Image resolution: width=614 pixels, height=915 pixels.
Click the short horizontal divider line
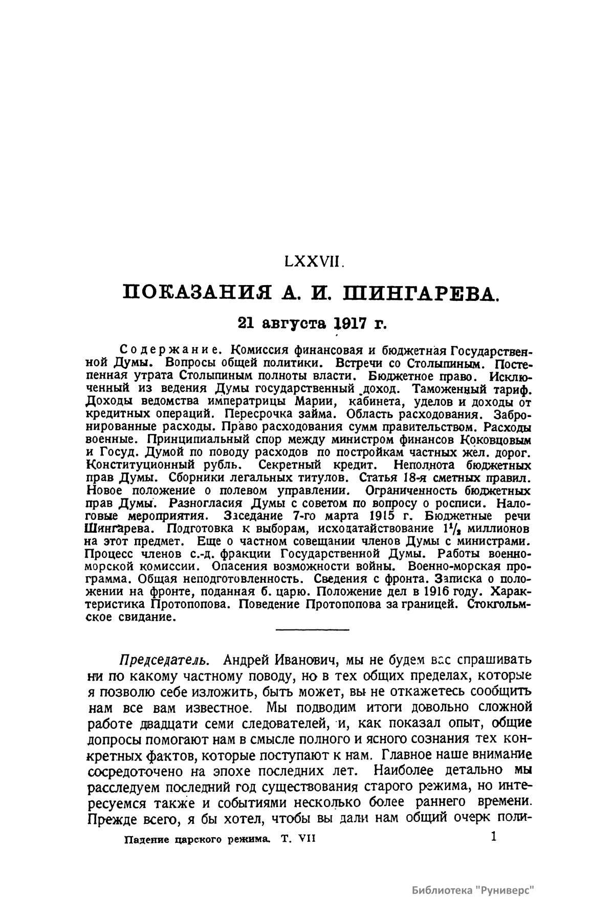[312, 629]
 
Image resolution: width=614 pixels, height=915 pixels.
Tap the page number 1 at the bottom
[493, 836]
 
